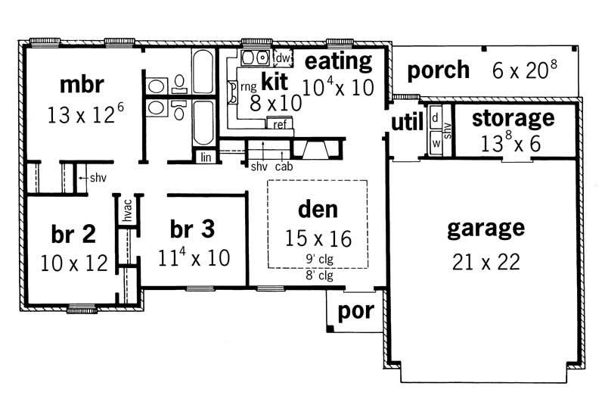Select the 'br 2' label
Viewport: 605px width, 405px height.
click(73, 234)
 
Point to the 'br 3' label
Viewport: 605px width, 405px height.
click(193, 229)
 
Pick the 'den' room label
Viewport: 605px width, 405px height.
click(318, 208)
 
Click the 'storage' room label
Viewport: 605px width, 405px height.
click(513, 118)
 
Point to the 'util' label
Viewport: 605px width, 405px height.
click(406, 123)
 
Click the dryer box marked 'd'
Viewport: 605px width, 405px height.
click(436, 118)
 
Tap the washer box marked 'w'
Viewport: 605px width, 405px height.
click(436, 142)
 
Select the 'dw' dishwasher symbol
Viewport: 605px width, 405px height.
click(283, 58)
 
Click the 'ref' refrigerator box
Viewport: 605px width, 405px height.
click(279, 124)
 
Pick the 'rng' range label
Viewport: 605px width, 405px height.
click(248, 87)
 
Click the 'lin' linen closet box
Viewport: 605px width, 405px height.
click(206, 157)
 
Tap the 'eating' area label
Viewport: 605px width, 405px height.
click(338, 61)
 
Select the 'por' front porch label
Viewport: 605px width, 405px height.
click(355, 312)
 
